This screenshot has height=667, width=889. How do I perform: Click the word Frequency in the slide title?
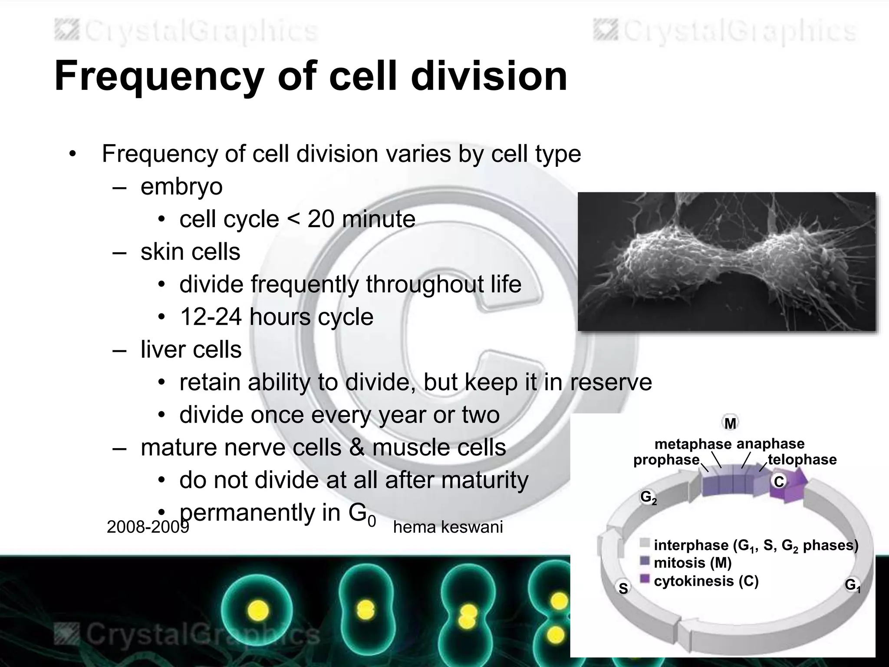point(159,76)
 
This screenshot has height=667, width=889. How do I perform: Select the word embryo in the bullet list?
point(181,187)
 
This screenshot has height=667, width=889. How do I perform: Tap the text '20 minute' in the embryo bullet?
point(361,219)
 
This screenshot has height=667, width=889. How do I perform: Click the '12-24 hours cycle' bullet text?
point(277,317)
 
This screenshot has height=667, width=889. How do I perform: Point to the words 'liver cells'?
point(191,350)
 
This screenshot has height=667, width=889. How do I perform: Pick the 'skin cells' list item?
point(190,252)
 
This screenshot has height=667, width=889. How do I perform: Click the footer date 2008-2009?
point(148,527)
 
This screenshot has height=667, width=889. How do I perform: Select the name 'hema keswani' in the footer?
point(448,527)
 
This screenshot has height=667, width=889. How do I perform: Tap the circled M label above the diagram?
point(730,423)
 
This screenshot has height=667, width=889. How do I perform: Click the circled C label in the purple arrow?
point(779,482)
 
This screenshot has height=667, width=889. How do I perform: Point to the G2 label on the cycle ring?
point(648,497)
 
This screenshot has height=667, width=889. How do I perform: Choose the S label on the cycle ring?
point(623,588)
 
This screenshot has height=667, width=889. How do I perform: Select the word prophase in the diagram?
point(666,460)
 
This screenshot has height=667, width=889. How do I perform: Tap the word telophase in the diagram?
point(802,459)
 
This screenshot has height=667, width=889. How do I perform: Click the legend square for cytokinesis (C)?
point(645,579)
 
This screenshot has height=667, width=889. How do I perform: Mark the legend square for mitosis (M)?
point(645,561)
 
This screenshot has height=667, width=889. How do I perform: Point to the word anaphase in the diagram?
point(770,444)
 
